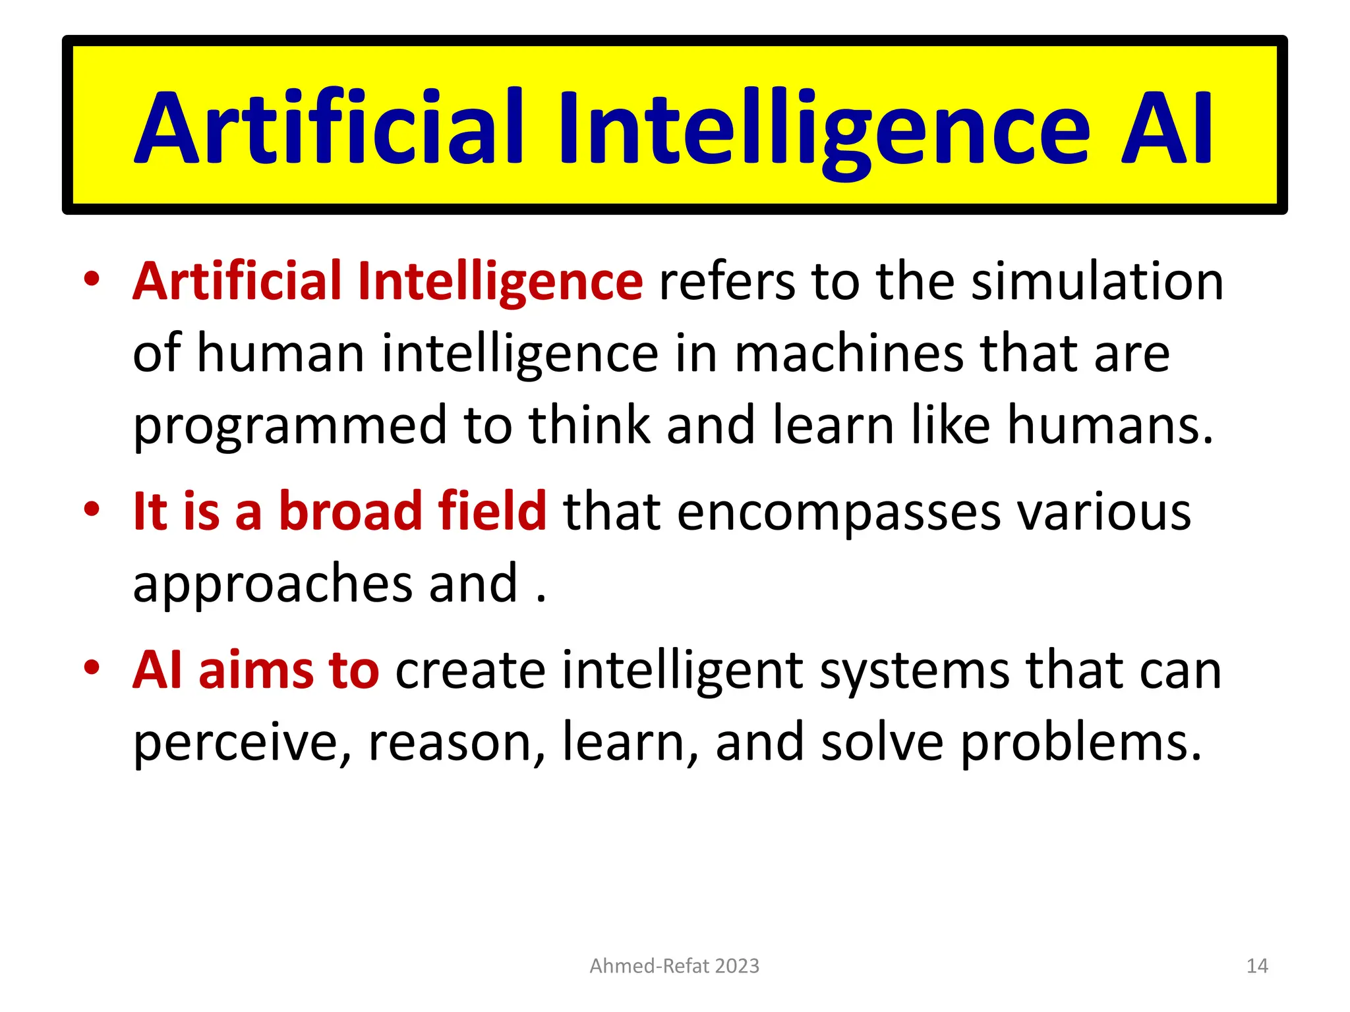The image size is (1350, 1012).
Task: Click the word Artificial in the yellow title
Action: tap(330, 128)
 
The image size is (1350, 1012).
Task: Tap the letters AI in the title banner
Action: tap(1167, 128)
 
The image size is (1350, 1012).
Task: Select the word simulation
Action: tap(1098, 282)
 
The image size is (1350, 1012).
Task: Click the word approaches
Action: tap(272, 584)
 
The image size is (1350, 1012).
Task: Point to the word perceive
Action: tap(241, 743)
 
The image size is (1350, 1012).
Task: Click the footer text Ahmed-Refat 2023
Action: tap(674, 966)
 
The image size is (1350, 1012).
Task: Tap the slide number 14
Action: tap(1257, 966)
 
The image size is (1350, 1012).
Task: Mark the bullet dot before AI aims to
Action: tap(92, 667)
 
